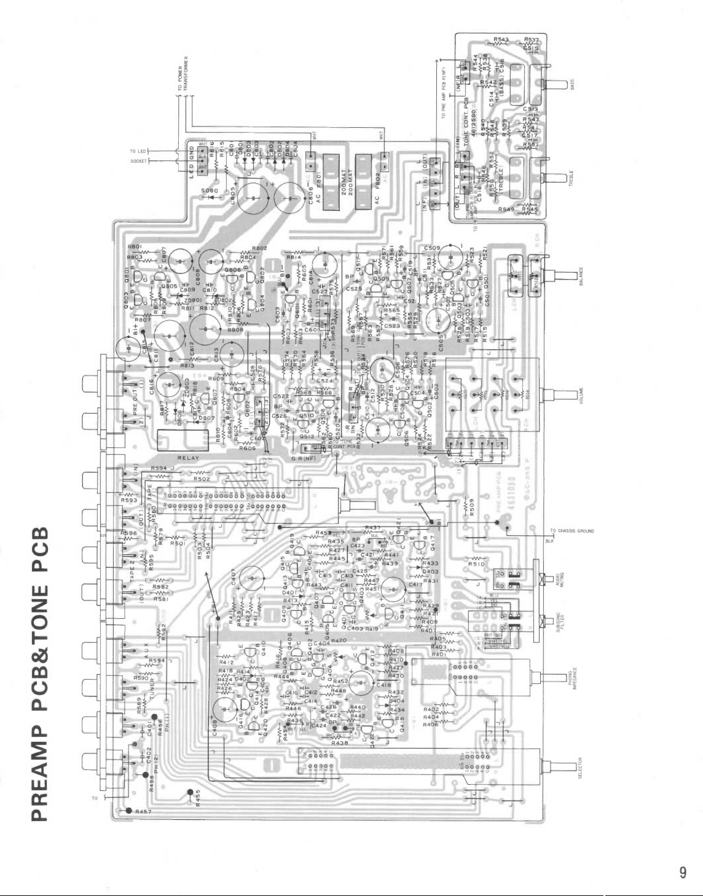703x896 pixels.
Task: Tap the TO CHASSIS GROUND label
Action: click(572, 530)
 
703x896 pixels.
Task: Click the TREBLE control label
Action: click(571, 181)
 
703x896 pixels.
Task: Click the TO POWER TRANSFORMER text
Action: click(183, 78)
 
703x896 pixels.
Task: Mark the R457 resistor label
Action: click(145, 811)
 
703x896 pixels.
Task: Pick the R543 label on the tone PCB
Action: click(501, 40)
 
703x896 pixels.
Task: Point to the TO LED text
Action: click(136, 151)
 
